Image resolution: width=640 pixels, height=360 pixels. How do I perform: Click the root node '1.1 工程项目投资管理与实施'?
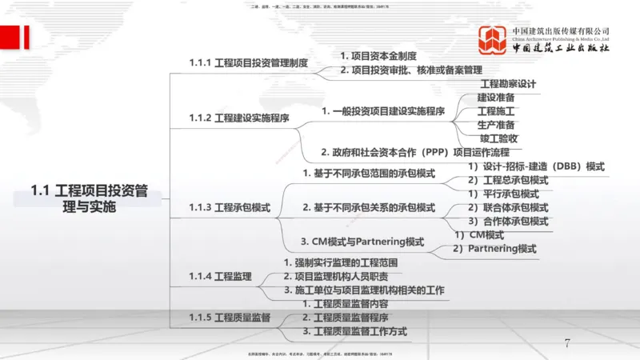(x=89, y=199)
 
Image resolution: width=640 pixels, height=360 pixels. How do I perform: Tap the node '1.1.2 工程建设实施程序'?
(x=238, y=118)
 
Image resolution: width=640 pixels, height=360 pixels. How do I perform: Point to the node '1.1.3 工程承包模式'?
(x=230, y=208)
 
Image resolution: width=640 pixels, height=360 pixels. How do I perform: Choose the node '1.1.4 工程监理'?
(x=220, y=277)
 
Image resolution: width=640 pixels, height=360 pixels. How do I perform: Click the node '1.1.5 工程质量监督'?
(x=230, y=318)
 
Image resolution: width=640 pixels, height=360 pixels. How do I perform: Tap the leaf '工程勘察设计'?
(x=507, y=83)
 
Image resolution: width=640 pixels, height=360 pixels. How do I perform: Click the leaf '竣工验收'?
(x=498, y=138)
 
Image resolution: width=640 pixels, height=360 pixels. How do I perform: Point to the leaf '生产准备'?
(x=495, y=125)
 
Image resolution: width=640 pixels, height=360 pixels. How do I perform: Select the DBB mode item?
(x=536, y=166)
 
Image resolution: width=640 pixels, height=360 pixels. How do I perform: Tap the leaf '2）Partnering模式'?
(x=494, y=249)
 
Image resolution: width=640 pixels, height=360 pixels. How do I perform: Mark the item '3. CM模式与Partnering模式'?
(x=362, y=242)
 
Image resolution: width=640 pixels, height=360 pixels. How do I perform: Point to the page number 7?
(x=567, y=343)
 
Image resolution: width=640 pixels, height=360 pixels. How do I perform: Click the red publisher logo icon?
(x=491, y=40)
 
